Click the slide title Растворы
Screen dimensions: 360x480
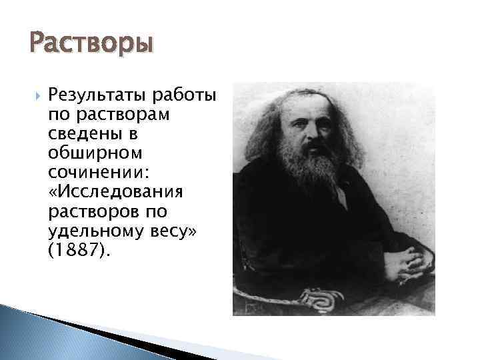[91, 45]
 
